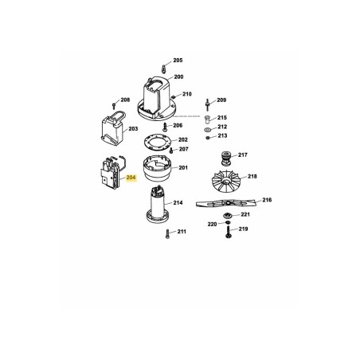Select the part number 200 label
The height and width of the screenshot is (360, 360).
(x=179, y=76)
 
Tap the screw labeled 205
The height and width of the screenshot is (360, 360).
(x=162, y=65)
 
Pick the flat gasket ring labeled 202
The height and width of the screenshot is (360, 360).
(x=158, y=142)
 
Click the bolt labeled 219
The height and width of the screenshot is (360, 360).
(x=227, y=230)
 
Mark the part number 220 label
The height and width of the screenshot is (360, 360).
(x=212, y=225)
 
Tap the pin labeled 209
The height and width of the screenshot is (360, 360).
(x=206, y=102)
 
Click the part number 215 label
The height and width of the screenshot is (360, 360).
(x=222, y=117)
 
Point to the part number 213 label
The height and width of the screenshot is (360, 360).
(x=222, y=136)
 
